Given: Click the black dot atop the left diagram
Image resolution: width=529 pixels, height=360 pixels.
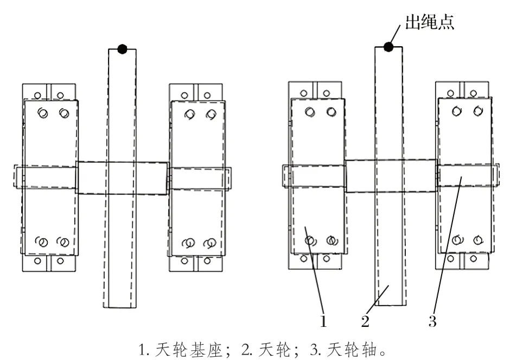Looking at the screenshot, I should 122,49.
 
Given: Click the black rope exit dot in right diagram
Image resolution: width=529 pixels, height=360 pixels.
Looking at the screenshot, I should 388,47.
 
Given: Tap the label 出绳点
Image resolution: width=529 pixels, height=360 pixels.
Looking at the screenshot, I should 429,23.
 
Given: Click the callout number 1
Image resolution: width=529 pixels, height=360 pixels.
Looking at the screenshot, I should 323,322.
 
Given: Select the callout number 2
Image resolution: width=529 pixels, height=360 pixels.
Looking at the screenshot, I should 366,322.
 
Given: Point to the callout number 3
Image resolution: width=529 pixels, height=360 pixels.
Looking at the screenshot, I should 432,322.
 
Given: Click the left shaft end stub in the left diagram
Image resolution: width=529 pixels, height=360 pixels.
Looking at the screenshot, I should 18,178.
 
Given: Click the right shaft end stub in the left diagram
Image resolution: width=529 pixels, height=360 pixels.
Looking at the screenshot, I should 227,178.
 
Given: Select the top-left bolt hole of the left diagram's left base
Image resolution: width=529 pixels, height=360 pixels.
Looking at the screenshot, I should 42,113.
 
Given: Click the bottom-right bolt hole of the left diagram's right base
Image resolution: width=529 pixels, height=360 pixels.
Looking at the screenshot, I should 208,243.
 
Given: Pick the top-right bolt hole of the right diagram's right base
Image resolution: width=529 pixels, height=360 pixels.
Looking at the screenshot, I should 477,111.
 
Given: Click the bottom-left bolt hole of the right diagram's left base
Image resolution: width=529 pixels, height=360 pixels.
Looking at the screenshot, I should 309,241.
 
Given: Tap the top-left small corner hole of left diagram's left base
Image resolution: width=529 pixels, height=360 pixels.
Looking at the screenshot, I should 37,96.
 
